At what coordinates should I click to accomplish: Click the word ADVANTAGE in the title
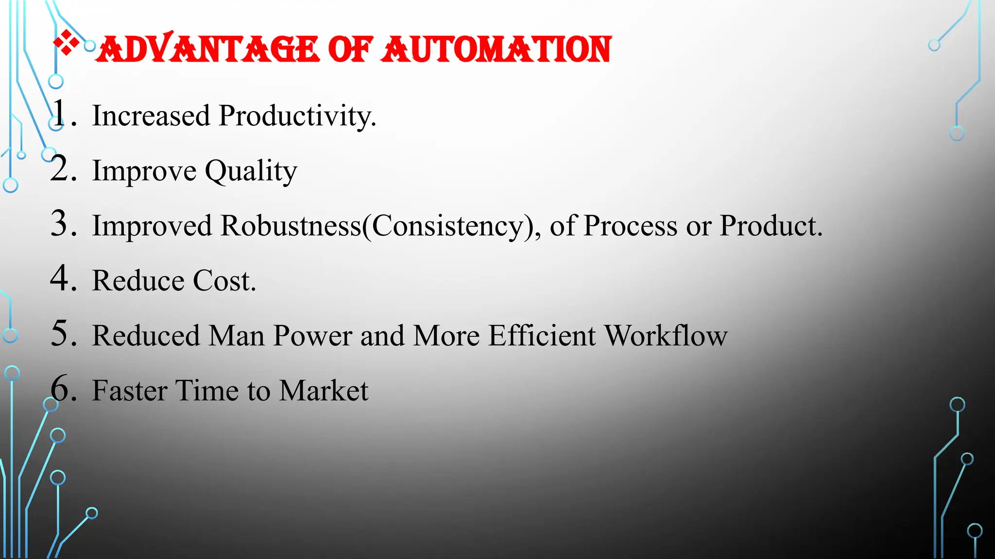(x=208, y=49)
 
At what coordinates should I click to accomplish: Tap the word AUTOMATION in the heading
(x=496, y=49)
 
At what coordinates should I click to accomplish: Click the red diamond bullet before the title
(x=67, y=43)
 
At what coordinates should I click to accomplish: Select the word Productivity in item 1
(x=297, y=116)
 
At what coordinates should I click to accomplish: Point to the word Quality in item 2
(x=251, y=171)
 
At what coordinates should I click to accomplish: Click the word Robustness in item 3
(x=291, y=226)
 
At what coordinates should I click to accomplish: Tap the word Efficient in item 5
(x=542, y=336)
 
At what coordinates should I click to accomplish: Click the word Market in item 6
(x=324, y=391)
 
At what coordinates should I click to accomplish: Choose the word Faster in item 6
(x=130, y=391)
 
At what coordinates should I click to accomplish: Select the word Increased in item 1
(x=151, y=116)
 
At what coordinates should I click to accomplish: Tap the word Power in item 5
(x=312, y=336)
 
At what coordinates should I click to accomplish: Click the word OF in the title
(x=350, y=49)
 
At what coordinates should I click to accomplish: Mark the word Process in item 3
(x=630, y=226)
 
